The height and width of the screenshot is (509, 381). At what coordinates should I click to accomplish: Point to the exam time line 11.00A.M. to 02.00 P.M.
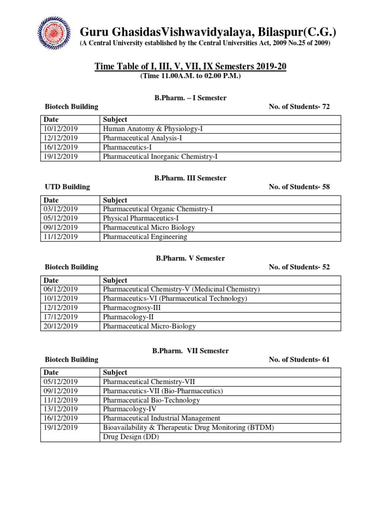[x=190, y=76]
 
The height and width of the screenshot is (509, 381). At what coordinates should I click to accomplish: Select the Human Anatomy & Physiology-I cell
[x=153, y=129]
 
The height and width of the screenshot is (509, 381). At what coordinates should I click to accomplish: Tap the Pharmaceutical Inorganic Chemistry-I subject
[x=160, y=157]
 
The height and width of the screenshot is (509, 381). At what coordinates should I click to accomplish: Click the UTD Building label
[x=67, y=187]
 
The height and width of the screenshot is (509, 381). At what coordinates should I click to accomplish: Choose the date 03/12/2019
[x=61, y=209]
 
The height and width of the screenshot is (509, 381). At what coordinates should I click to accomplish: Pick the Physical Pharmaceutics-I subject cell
[x=140, y=218]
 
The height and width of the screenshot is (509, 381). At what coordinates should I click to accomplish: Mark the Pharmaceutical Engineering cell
[x=145, y=237]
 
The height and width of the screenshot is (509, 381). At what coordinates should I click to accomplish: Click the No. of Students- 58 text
[x=299, y=187]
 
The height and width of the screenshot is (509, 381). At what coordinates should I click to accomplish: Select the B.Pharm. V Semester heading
[x=190, y=258]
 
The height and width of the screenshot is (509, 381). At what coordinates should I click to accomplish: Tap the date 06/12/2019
[x=61, y=289]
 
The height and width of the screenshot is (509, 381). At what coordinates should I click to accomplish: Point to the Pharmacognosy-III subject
[x=131, y=308]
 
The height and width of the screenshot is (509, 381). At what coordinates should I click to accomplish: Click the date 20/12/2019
[x=61, y=327]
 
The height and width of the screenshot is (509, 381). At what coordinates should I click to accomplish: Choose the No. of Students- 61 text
[x=299, y=359]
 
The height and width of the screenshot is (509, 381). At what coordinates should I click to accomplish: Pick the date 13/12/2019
[x=61, y=409]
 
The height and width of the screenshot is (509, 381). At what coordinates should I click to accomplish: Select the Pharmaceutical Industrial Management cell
[x=161, y=419]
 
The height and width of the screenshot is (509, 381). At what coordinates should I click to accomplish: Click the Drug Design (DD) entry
[x=130, y=437]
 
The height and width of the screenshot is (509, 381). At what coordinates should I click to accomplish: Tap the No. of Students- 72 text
[x=299, y=106]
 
